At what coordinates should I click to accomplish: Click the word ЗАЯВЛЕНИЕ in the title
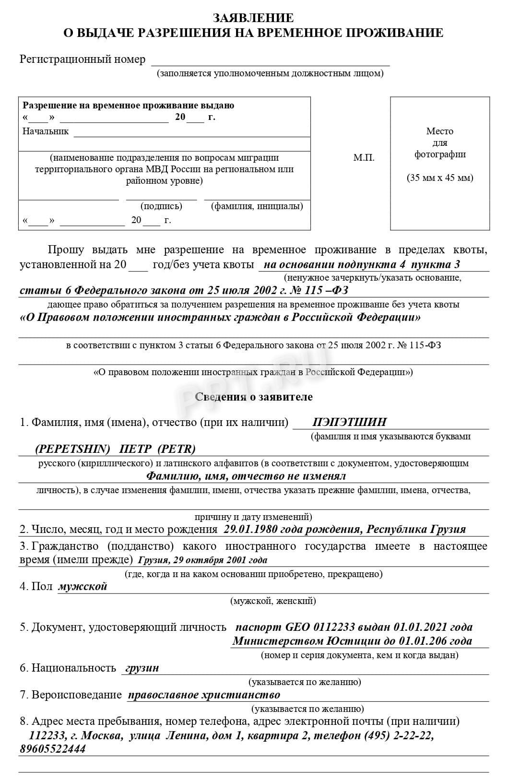pos(253,18)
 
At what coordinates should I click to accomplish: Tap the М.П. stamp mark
pos(364,158)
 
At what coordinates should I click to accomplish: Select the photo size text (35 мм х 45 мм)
pos(440,178)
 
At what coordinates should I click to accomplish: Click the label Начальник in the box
pos(46,131)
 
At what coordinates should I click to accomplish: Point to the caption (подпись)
pos(161,206)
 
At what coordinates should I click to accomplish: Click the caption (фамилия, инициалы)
pos(257,206)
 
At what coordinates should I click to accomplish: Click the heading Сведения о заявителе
pos(254,397)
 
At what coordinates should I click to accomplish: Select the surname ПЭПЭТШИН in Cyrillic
pos(349,422)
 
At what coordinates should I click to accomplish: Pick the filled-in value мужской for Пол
pos(83,586)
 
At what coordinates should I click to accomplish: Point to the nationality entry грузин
pos(142,668)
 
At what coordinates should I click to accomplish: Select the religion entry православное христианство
pos(204,695)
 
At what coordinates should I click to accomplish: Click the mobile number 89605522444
pos(53,749)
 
